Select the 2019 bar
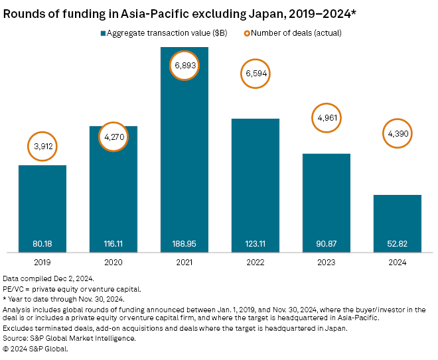[42, 206]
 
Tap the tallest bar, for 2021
[184, 152]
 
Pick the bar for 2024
[397, 222]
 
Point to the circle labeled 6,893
[184, 66]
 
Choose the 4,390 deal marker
[397, 135]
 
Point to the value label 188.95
[184, 243]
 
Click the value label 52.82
[397, 243]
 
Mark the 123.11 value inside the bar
[255, 243]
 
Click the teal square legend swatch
[103, 32]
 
